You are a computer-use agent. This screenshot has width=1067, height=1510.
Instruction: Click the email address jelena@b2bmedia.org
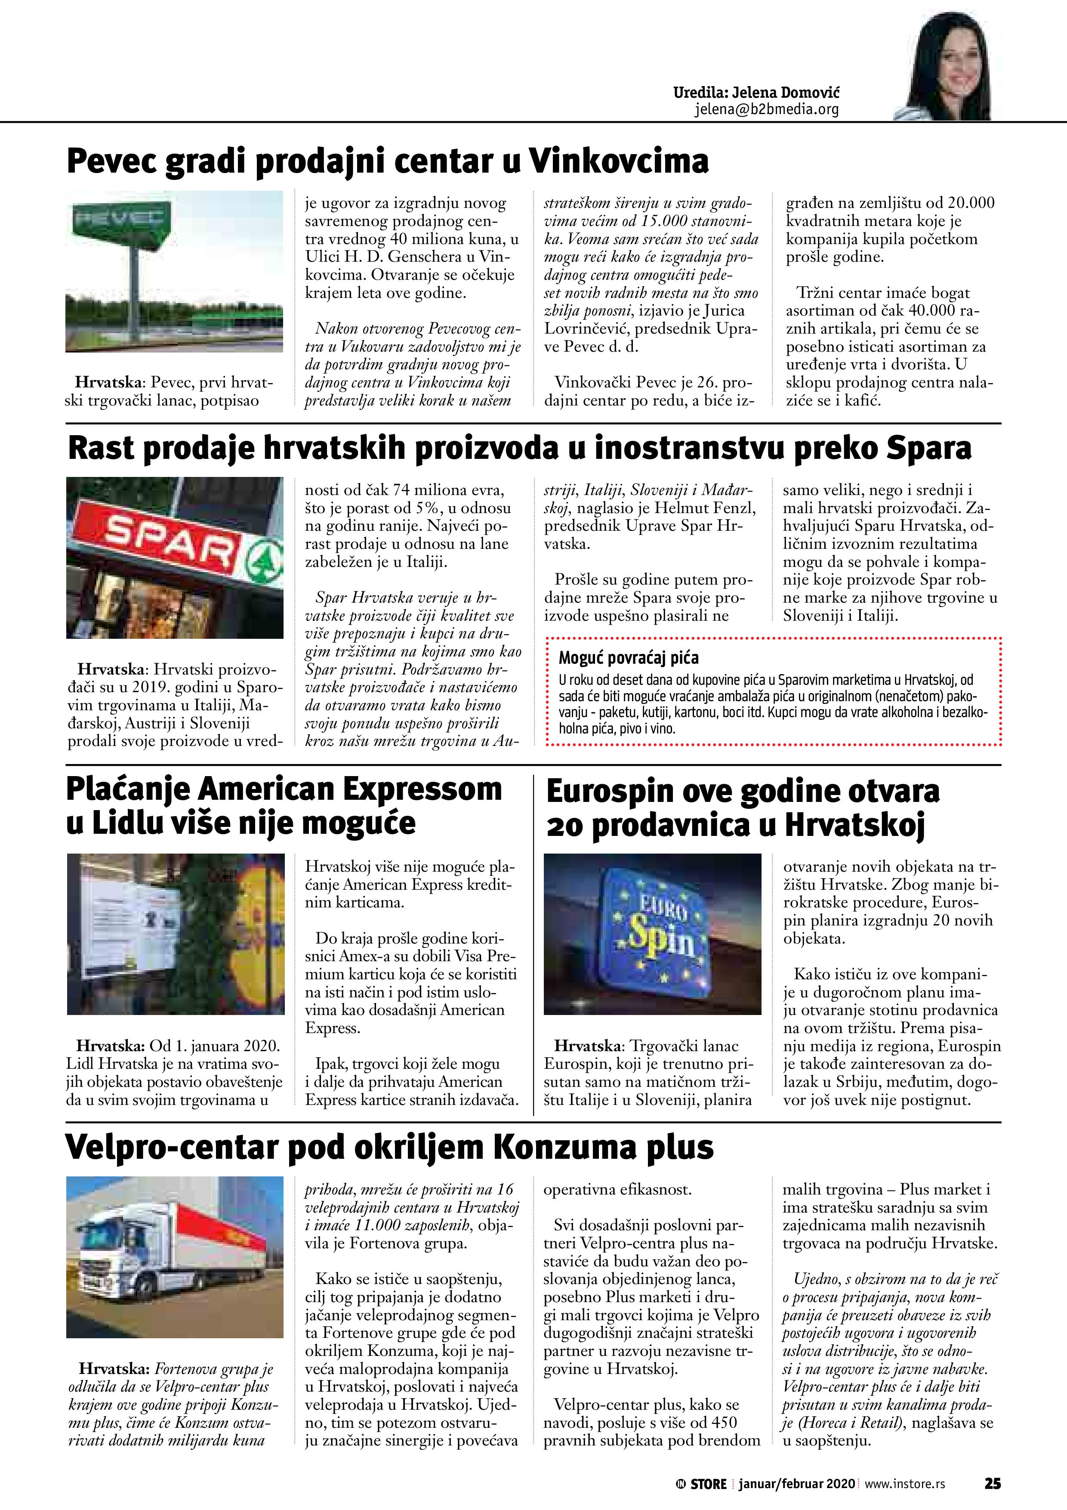pos(767,110)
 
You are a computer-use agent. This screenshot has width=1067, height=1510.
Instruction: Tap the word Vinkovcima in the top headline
pos(619,161)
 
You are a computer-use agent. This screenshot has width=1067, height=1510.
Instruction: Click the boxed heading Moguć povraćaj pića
pos(629,658)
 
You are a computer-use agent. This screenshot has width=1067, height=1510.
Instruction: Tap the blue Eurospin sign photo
pos(652,934)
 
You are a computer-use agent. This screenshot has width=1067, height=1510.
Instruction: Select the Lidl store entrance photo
pos(176,934)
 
